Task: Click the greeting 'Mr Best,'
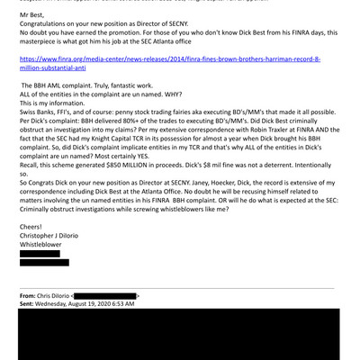pyautogui.click(x=32, y=16)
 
